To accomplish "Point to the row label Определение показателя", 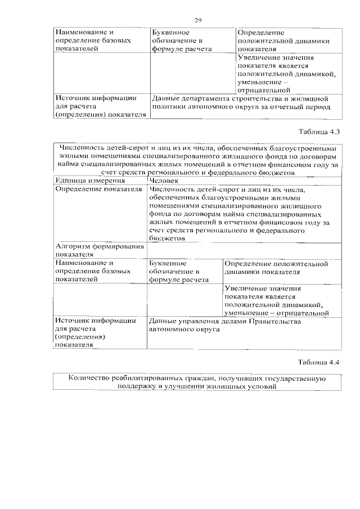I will [98, 190].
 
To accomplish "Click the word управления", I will [194, 321].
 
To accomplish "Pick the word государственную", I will [295, 379].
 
